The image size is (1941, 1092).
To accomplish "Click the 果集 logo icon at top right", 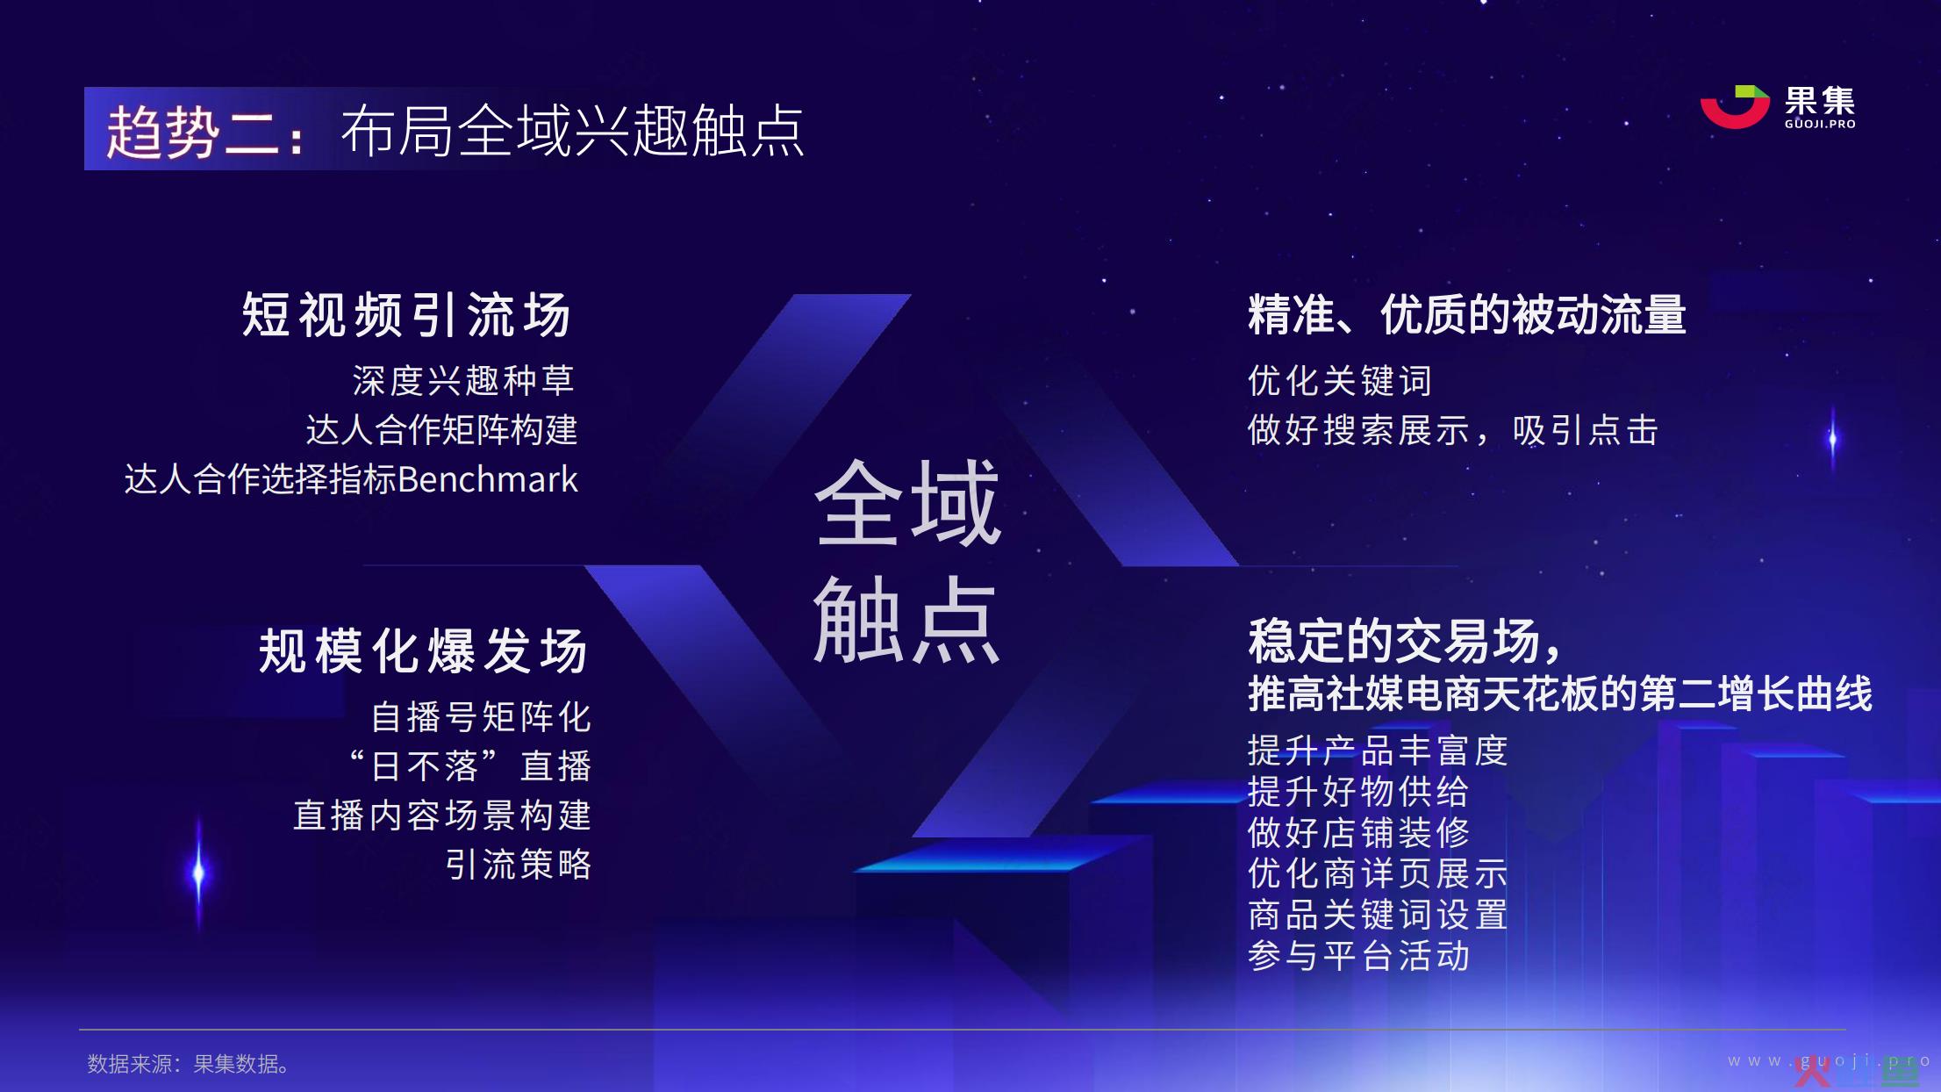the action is [x=1734, y=107].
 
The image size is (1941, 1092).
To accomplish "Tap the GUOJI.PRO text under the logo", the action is [x=1820, y=124].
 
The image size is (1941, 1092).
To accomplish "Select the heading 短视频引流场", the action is [x=406, y=314].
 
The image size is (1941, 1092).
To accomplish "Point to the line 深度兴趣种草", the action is [x=463, y=380].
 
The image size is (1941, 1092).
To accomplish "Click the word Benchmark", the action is [x=488, y=479].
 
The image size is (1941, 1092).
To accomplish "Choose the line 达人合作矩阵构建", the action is [x=441, y=430].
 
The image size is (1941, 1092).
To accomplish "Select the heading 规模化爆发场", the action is [x=424, y=650].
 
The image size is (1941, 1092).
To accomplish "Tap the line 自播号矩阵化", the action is [x=481, y=717].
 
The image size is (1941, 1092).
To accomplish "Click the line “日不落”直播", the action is [x=470, y=766].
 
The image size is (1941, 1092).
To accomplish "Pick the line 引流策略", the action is [x=519, y=865].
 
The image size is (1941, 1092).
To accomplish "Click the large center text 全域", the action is [x=907, y=503].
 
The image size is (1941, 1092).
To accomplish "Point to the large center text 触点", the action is [x=907, y=620].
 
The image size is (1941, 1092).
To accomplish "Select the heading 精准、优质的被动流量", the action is [x=1467, y=314].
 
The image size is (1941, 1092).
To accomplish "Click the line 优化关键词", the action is [x=1340, y=381].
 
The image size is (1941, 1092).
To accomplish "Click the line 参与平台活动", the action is [x=1358, y=955].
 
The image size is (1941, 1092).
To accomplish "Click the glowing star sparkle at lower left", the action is [x=198, y=873].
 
